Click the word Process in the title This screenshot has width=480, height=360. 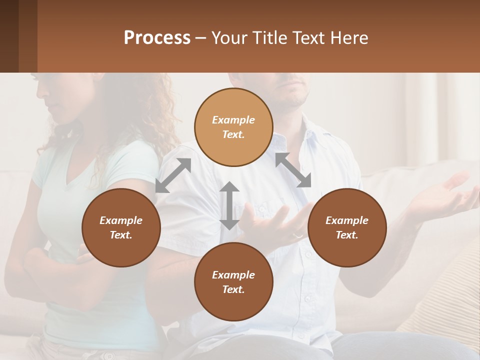pyautogui.click(x=157, y=38)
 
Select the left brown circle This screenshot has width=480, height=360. pyautogui.click(x=121, y=227)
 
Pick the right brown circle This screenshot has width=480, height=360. pyautogui.click(x=347, y=227)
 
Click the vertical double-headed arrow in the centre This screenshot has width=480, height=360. pyautogui.click(x=229, y=205)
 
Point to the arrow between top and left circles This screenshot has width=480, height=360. pyautogui.click(x=173, y=175)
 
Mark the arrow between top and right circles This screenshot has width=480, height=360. pyautogui.click(x=293, y=170)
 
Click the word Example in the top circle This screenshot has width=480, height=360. pyautogui.click(x=233, y=120)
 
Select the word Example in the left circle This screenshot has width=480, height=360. pyautogui.click(x=121, y=220)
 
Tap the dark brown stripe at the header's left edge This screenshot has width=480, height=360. pyautogui.click(x=9, y=36)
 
